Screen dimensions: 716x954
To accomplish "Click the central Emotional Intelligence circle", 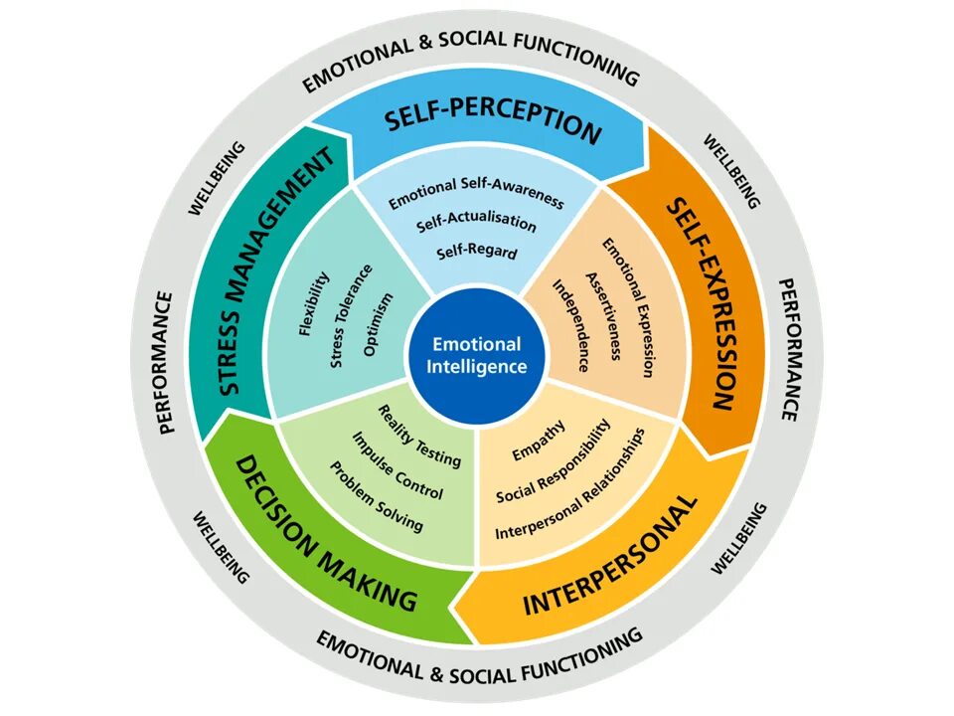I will (x=476, y=355).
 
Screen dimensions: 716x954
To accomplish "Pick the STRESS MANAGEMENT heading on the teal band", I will (x=271, y=270).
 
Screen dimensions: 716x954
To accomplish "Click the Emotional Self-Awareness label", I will (x=476, y=194).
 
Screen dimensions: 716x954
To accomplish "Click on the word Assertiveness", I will (x=603, y=316).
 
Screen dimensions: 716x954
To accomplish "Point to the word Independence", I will (x=573, y=325).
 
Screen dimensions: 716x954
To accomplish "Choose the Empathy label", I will (x=539, y=441).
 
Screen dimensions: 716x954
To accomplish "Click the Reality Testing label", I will (x=419, y=436).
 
